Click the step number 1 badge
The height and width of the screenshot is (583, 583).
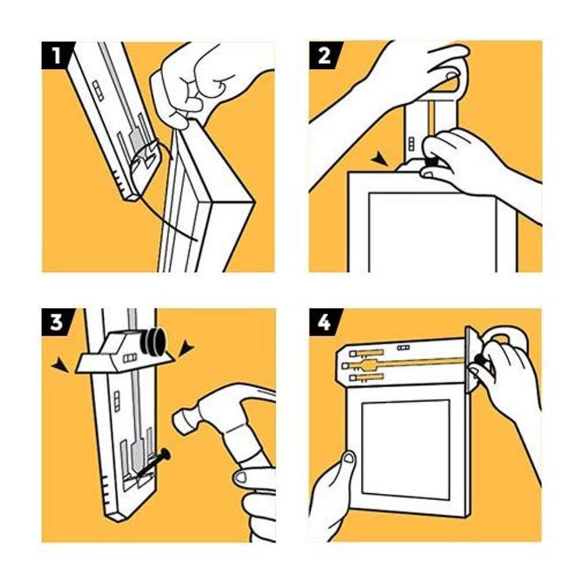click(56, 55)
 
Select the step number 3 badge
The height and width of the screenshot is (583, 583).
click(56, 322)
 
